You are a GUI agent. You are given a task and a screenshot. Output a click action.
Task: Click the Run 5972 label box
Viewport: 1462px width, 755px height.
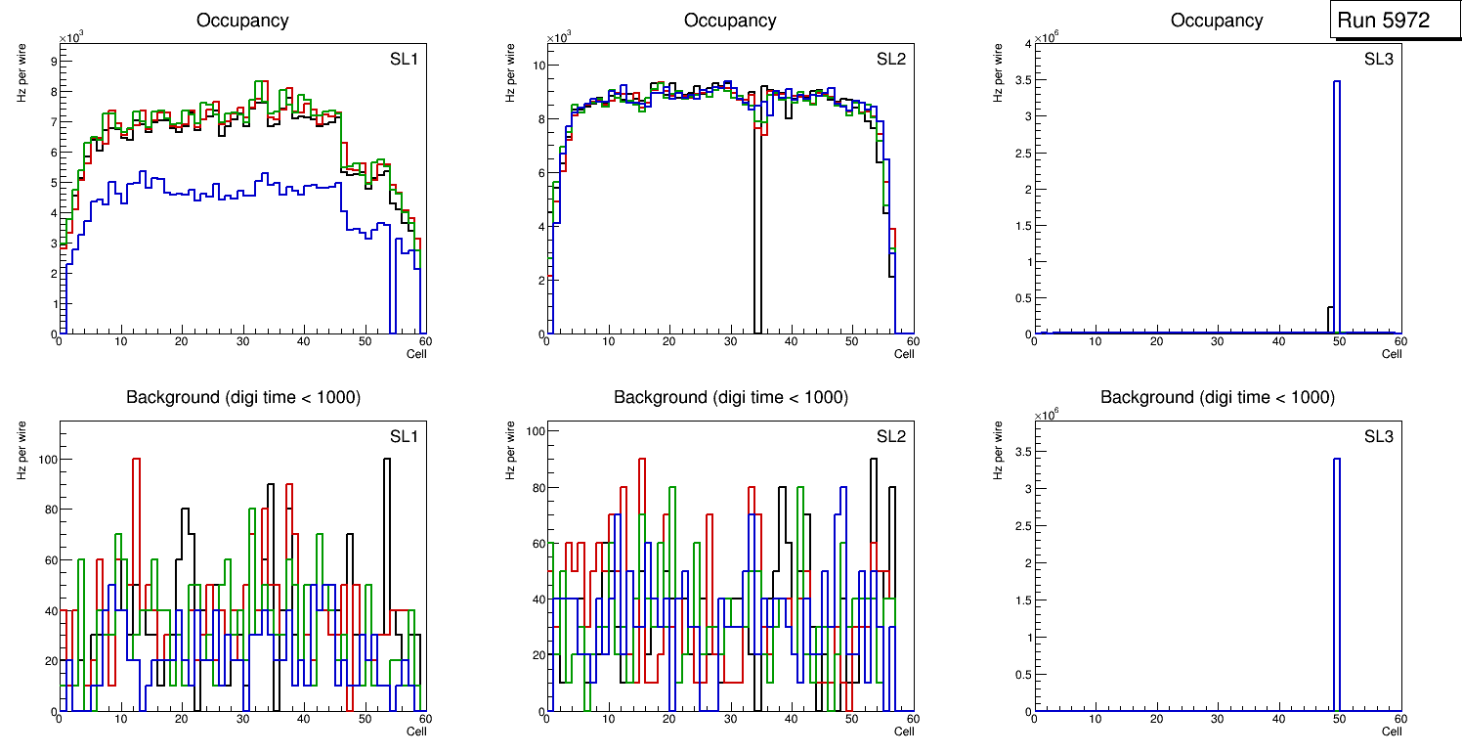(1383, 20)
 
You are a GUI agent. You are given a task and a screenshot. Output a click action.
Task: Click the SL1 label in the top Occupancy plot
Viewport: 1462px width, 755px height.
(404, 59)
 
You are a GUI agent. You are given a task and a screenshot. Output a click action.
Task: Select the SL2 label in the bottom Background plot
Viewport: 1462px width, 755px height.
(890, 436)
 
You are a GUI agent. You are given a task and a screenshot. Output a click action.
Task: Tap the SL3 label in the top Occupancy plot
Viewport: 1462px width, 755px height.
(1378, 59)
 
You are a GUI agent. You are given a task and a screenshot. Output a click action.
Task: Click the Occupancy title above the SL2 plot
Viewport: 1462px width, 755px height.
(730, 20)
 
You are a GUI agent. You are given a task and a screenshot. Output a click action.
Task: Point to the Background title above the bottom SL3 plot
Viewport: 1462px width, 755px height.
(1217, 397)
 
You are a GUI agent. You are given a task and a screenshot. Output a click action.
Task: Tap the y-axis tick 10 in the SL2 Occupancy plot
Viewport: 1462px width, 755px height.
(537, 66)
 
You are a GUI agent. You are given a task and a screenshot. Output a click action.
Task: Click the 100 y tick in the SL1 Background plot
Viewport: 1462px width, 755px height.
(47, 460)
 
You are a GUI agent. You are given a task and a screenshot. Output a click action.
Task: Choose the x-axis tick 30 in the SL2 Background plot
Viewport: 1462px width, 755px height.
(729, 720)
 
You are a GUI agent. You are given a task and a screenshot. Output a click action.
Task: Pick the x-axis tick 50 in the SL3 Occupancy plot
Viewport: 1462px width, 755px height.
(1339, 341)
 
